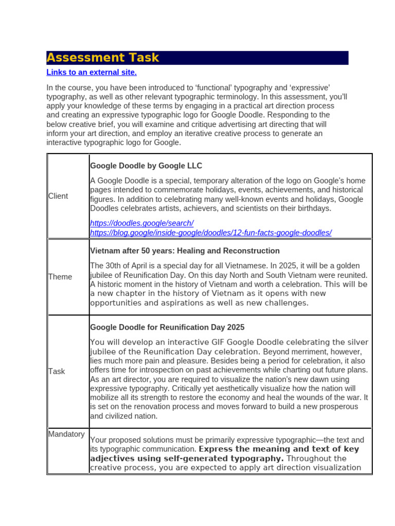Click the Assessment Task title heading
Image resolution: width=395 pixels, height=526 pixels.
103,58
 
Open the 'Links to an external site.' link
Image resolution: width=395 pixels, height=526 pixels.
92,72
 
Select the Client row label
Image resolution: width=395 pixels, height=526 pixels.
58,196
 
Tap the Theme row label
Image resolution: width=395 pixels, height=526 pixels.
60,277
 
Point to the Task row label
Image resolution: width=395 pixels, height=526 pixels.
57,371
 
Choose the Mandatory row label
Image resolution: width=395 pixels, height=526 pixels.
66,434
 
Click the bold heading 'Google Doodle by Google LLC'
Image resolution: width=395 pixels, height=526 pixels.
146,166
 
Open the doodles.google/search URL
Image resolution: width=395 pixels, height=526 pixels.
141,223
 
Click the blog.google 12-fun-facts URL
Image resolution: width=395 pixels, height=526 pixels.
210,233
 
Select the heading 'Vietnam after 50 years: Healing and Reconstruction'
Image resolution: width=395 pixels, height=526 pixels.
185,251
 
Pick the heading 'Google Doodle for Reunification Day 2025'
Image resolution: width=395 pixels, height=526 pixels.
167,327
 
